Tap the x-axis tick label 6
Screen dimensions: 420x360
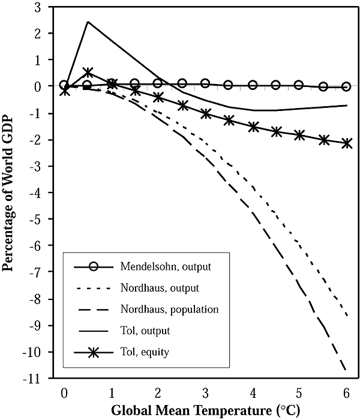(346, 392)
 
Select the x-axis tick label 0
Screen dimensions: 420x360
(64, 392)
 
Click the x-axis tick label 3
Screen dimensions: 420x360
(205, 392)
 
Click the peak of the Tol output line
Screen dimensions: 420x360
(88, 22)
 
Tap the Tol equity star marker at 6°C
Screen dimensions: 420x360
(346, 143)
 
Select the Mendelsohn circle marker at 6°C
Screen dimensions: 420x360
(346, 86)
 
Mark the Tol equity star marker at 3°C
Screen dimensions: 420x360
(205, 113)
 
